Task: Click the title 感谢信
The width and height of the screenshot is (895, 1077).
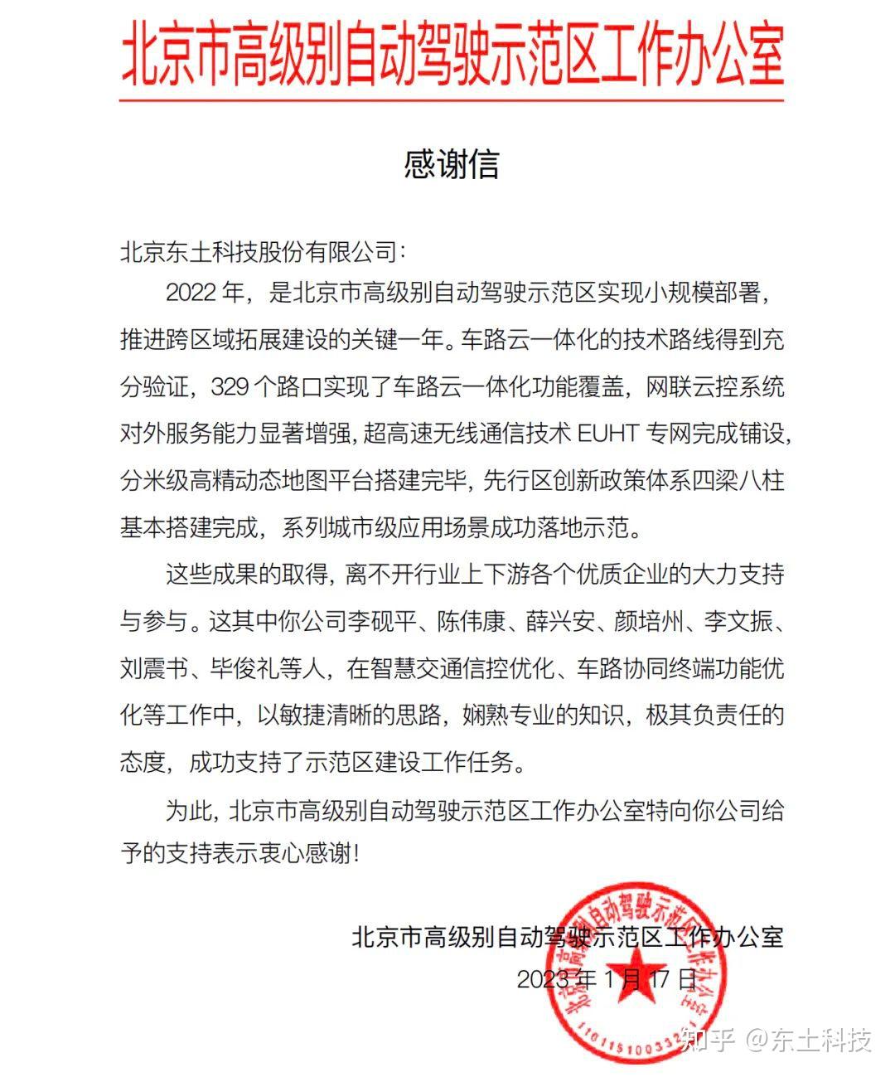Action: point(452,164)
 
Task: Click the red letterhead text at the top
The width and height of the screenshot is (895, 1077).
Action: point(452,55)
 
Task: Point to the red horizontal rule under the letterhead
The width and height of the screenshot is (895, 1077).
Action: point(452,100)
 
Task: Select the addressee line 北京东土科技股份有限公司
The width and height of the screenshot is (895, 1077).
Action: point(258,251)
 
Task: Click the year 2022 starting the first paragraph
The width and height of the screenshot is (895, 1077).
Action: point(191,292)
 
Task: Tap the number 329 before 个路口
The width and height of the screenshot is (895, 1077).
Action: point(236,386)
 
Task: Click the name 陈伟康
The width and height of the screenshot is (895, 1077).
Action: point(470,621)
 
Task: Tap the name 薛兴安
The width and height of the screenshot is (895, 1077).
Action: point(559,621)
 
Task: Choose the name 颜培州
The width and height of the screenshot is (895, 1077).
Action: point(649,621)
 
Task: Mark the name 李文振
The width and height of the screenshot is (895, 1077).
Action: point(738,621)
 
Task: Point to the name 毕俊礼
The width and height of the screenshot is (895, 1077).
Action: point(245,668)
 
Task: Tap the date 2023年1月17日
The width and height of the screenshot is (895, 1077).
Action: point(607,979)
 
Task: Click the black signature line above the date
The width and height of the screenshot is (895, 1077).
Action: point(567,937)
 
